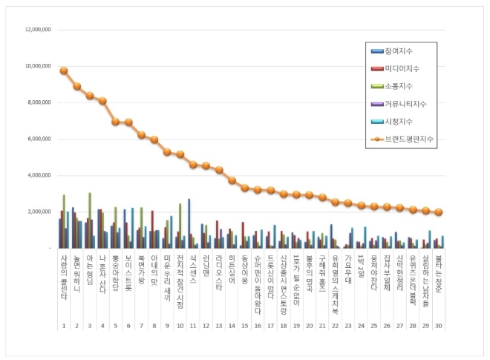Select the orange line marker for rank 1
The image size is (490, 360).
click(64, 71)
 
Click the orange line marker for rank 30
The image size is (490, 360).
click(438, 212)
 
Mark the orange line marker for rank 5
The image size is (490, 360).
click(115, 122)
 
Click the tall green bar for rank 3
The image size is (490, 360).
click(90, 220)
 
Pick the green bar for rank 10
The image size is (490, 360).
click(180, 225)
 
